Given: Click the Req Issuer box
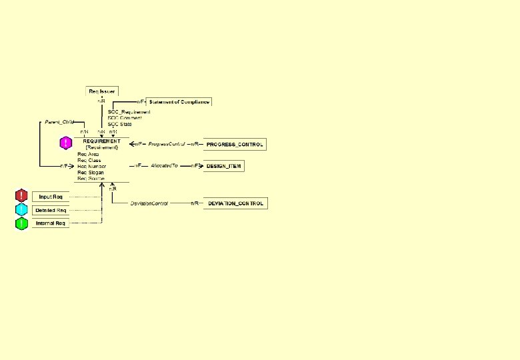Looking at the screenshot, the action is (x=102, y=91).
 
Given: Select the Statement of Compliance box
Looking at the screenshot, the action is (x=179, y=102).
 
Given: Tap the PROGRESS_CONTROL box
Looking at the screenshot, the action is (x=234, y=144).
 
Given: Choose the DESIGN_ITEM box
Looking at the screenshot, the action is (x=223, y=166).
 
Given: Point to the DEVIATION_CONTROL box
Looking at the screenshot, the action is (x=235, y=203).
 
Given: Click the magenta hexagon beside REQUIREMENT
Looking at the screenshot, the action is (x=66, y=143).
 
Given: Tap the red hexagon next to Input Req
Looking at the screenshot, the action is (x=21, y=196).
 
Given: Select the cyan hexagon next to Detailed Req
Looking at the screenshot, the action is (x=21, y=210).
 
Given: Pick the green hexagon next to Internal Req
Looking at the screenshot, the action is (x=21, y=223).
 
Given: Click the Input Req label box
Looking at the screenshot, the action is (x=51, y=197).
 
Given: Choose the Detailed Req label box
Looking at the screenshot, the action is (x=51, y=210).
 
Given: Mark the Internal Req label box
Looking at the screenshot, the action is (x=51, y=223).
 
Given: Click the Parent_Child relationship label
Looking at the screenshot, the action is (x=59, y=122).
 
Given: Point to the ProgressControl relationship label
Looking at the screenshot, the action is (x=166, y=144).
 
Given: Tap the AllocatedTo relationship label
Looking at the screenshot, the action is (x=164, y=165).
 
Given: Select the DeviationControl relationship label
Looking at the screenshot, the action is (x=149, y=203).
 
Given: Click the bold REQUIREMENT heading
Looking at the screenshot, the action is (x=101, y=141).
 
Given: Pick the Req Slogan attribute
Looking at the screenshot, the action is (x=91, y=173).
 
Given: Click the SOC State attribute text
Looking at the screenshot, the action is (x=120, y=124).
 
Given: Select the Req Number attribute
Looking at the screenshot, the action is (x=91, y=166).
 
